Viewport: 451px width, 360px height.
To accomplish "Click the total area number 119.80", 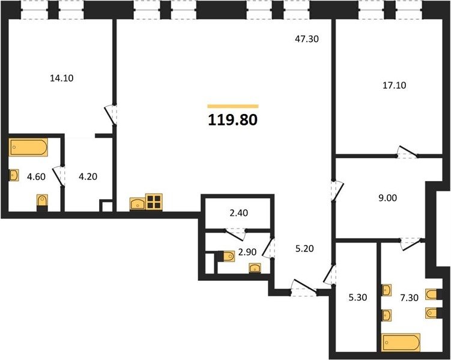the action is coord(232,120).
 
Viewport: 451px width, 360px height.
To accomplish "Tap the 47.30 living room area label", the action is coord(307,39).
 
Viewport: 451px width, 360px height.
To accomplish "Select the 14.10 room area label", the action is coord(61,78).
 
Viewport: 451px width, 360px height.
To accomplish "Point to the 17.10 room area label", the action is coord(395,85).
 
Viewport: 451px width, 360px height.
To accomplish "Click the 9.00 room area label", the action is coord(387,197).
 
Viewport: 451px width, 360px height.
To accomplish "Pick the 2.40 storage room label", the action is coord(239,213).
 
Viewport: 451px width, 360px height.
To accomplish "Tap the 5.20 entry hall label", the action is coord(304,248).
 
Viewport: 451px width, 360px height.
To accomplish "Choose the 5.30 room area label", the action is coord(357,298).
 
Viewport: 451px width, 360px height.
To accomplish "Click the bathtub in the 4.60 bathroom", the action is coord(28,148).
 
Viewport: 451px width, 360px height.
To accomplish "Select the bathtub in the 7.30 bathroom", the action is coord(401,342).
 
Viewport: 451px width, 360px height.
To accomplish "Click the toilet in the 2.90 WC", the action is coord(227,256).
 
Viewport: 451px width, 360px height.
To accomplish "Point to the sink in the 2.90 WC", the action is coord(255,268).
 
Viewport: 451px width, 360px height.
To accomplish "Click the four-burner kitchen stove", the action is coord(154,202).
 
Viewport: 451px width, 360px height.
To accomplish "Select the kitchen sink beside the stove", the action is coord(138,204).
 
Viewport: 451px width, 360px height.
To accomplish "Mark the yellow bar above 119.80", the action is coord(233,106).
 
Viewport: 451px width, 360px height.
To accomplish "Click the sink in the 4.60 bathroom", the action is coord(14,175).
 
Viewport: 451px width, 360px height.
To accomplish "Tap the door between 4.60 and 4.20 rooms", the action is coord(58,176).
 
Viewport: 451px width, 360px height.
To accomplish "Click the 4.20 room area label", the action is coord(88,176).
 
